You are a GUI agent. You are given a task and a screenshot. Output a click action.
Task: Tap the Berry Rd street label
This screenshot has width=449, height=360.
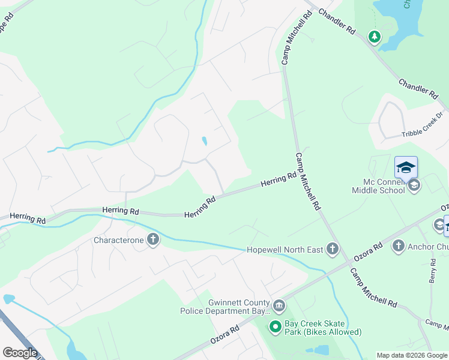coord(432,271)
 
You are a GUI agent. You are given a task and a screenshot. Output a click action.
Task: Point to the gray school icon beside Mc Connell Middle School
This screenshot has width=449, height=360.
coord(414,186)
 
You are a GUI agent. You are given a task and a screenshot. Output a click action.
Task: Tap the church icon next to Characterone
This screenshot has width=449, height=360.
coord(153,240)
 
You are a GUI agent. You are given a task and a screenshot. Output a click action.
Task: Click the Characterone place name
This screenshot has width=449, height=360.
coord(118,240)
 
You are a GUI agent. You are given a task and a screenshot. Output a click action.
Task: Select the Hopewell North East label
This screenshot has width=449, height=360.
coord(285,249)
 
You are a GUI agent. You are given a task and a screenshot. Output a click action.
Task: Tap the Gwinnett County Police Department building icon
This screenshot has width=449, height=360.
coord(279,307)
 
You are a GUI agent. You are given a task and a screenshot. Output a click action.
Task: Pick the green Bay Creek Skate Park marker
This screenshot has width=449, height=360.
coord(276,327)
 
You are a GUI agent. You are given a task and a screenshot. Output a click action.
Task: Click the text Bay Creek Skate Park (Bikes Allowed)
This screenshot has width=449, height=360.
coord(324,328)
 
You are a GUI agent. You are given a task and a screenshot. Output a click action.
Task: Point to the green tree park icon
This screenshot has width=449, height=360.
coord(375,38)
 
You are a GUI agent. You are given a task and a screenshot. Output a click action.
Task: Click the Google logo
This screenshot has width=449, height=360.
coord(20,353)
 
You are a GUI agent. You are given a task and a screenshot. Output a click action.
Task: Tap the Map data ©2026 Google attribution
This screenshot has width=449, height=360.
coord(412,355)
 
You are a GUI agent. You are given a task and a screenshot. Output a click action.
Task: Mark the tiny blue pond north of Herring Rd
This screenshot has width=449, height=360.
coord(205,142)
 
